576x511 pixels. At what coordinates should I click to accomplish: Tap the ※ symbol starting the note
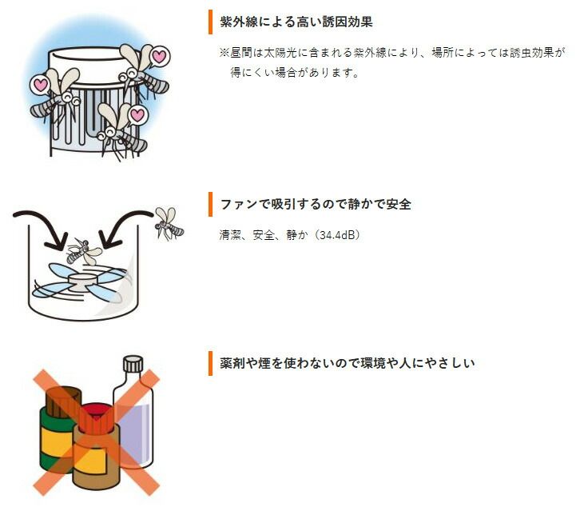(x=224, y=52)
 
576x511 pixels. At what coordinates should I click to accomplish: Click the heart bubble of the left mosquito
(x=39, y=83)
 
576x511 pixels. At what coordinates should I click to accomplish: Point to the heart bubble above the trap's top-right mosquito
(x=159, y=57)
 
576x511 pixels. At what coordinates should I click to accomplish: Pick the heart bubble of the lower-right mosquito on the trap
(x=137, y=115)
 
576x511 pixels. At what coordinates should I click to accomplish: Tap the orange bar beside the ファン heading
(x=210, y=204)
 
